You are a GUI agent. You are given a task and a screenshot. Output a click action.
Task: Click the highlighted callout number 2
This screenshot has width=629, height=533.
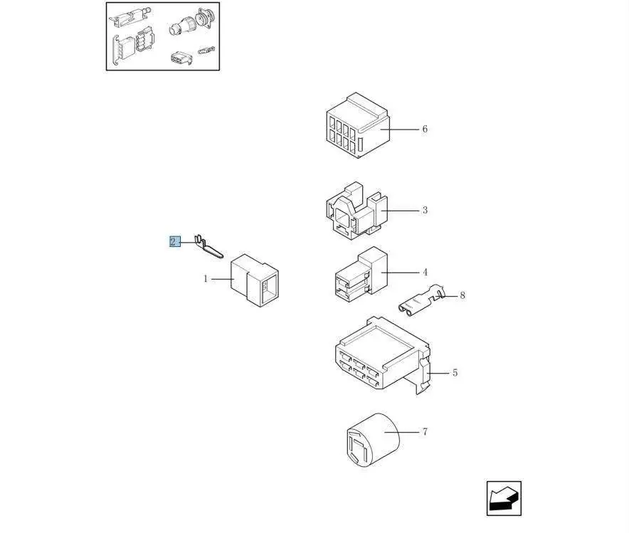[175, 241]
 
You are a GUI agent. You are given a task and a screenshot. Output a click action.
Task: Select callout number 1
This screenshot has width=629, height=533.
[206, 279]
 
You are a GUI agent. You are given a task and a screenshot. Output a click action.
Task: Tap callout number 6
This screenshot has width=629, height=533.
[425, 129]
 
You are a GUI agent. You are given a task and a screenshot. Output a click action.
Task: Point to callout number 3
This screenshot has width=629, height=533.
[425, 210]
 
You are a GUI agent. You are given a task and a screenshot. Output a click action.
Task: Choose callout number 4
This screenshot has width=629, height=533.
[425, 273]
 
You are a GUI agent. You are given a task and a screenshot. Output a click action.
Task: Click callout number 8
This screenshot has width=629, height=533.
[462, 295]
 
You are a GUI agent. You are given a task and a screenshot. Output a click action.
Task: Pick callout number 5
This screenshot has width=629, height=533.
[455, 373]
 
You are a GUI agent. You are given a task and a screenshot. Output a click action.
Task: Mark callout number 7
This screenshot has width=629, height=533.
[425, 431]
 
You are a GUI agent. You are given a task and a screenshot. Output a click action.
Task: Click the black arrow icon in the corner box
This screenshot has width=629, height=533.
[504, 498]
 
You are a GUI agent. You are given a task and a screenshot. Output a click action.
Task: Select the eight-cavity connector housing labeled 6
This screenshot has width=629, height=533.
[358, 125]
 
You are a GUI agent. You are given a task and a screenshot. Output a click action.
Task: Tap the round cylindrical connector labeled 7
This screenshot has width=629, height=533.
[373, 440]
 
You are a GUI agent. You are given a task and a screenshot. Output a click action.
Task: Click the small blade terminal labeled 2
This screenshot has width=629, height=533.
[208, 247]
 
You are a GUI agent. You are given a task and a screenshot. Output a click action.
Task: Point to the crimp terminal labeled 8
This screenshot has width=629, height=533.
[421, 300]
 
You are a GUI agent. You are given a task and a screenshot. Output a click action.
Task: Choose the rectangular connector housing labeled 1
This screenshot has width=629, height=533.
[254, 280]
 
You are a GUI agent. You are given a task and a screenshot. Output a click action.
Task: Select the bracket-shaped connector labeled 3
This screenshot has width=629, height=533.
[357, 211]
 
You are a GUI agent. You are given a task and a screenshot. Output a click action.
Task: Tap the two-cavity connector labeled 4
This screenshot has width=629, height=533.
[361, 275]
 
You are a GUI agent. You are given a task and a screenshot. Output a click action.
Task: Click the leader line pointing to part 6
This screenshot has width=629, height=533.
[399, 129]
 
